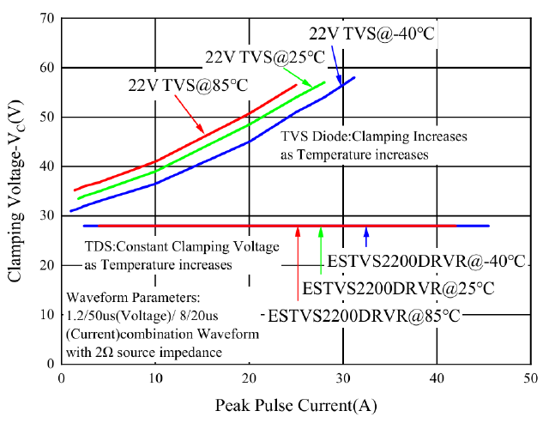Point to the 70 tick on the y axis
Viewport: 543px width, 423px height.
pos(47,18)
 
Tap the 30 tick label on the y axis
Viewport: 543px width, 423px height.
pos(47,215)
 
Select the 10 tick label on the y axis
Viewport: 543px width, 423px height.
pos(47,314)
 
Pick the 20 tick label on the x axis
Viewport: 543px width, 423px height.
pos(249,378)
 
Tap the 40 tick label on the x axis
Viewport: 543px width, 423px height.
pos(437,378)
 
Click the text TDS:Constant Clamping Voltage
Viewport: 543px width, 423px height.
pos(170,248)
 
